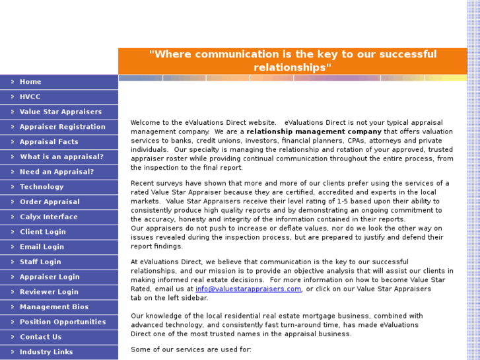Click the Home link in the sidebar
[30, 82]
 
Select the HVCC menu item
[30, 97]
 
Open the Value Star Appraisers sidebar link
[61, 112]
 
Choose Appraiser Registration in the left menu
[63, 127]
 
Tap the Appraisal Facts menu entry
[49, 142]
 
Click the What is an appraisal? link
[61, 157]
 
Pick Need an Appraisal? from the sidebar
[57, 172]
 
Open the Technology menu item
[42, 187]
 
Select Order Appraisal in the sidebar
[50, 202]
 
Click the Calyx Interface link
[49, 217]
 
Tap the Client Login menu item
[43, 232]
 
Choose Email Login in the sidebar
[42, 247]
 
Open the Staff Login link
[40, 262]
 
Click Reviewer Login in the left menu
[49, 292]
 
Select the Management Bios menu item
[54, 307]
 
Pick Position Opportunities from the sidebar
[63, 322]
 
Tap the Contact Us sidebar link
[40, 337]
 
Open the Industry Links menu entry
[46, 352]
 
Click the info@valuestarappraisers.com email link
[248, 289]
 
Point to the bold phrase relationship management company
[314, 131]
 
